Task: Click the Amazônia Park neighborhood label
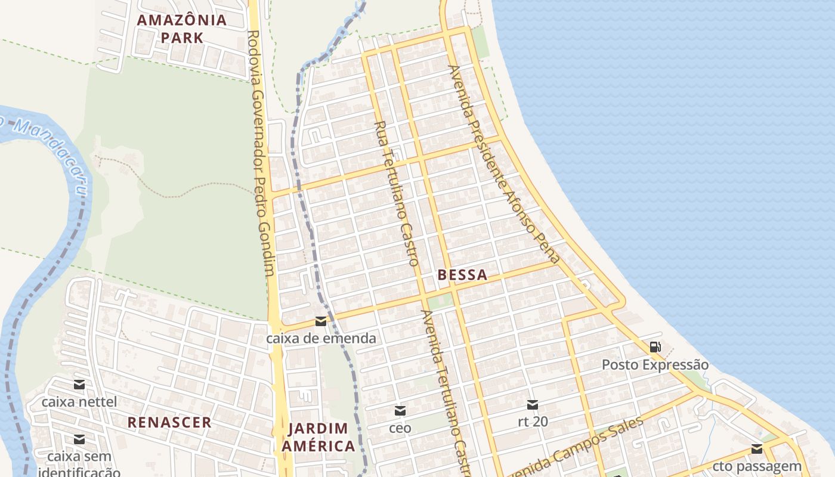(182, 29)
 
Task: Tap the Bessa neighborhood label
(462, 275)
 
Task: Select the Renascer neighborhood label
(169, 423)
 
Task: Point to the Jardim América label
(318, 437)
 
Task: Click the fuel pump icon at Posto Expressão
(655, 346)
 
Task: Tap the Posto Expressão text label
(655, 364)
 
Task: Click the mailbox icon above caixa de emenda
(321, 321)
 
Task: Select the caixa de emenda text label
(321, 339)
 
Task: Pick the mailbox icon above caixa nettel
(79, 385)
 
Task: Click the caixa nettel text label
(79, 402)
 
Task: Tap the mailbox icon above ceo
(400, 411)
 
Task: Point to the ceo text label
(400, 428)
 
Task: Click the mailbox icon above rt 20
(533, 405)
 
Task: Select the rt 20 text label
(533, 422)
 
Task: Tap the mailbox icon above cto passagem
(757, 449)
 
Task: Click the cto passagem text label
(757, 466)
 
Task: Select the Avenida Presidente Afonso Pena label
(505, 164)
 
